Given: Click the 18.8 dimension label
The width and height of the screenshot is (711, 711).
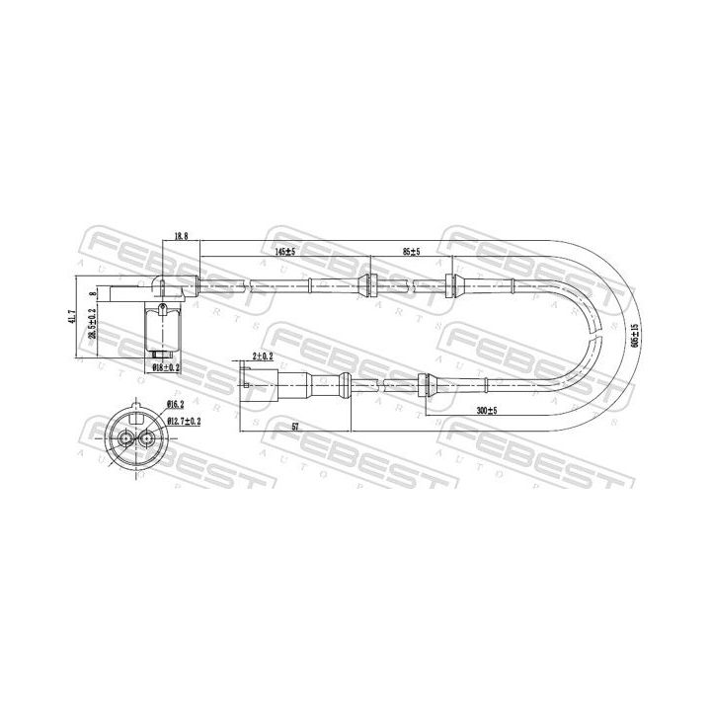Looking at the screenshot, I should (180, 237).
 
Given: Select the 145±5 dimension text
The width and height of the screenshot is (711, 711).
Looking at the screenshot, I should (284, 253).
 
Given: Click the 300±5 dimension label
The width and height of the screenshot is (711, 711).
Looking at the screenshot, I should (486, 409).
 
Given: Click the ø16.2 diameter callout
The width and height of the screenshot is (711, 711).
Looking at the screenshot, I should (177, 404).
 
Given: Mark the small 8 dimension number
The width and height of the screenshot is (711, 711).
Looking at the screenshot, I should (94, 293).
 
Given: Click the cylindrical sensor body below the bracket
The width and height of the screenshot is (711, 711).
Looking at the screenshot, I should (160, 328).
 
